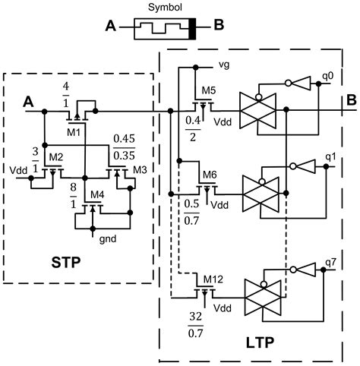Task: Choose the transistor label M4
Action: coord(96,196)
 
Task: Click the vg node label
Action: coord(223,65)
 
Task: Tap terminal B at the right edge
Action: coord(350,99)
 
